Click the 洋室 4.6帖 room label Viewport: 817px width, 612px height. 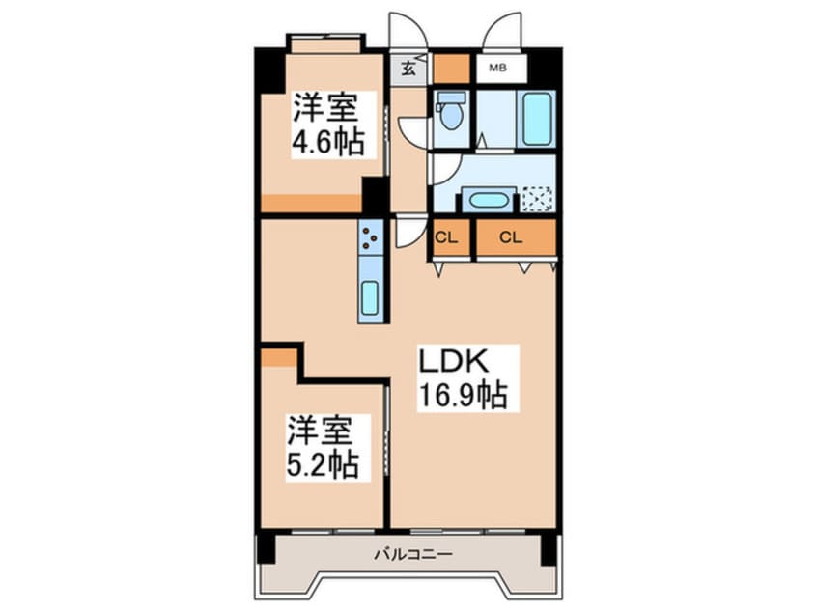click(327, 124)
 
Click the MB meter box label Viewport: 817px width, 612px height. click(497, 68)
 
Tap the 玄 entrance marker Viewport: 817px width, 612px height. click(408, 69)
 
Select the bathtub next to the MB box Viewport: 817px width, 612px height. click(535, 119)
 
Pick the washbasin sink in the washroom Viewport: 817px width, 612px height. click(491, 201)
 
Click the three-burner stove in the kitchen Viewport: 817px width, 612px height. click(372, 235)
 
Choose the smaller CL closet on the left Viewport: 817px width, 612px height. click(446, 236)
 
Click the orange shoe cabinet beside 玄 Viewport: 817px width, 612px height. click(450, 69)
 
